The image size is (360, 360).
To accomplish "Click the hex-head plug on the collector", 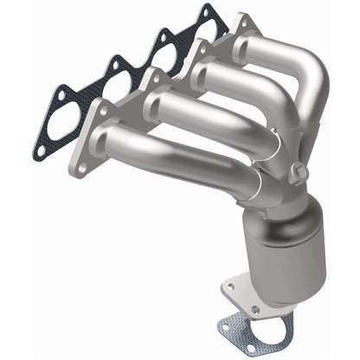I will click(299, 174).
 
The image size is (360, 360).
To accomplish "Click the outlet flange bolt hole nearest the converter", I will click(256, 308).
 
